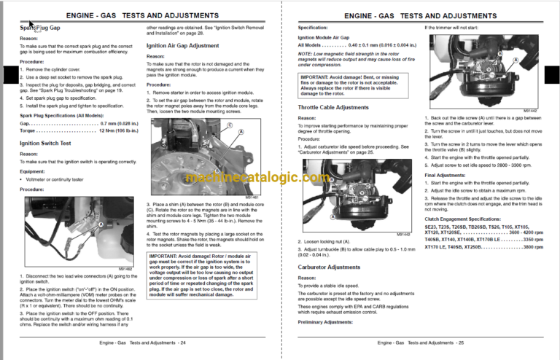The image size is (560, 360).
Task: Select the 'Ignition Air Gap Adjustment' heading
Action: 182,45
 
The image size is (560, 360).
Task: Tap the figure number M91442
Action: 530,111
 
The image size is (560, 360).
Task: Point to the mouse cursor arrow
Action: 30,24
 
